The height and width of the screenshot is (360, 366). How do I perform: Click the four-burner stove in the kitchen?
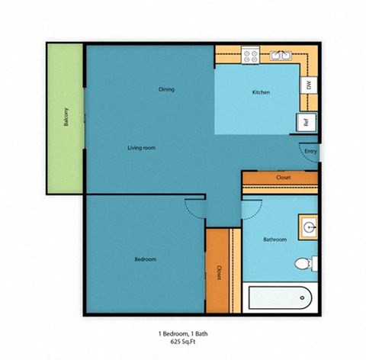coord(251,55)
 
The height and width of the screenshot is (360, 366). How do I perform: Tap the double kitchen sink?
coord(280,55)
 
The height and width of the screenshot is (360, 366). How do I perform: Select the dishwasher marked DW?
coord(309,85)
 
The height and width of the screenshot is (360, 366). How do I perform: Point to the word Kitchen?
coord(262,93)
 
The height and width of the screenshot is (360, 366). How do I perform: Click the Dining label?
coord(166,89)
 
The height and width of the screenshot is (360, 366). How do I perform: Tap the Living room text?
coord(141,147)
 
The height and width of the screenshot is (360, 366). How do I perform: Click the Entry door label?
coord(310,151)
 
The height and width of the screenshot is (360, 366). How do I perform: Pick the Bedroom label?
coord(145,259)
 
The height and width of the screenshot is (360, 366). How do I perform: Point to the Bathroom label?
coord(274,239)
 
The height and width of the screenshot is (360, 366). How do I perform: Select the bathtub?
coord(279,296)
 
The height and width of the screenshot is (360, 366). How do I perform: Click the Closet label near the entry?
coord(282,178)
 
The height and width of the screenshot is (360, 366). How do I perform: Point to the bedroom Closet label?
coord(219,272)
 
